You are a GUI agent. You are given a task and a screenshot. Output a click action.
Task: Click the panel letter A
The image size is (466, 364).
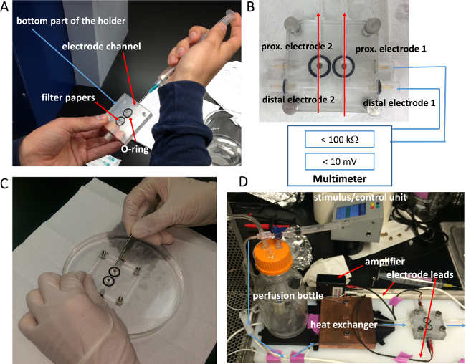pyautogui.click(x=4, y=6)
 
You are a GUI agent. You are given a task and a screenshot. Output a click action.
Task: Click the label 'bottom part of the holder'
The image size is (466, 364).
pyautogui.click(x=71, y=21)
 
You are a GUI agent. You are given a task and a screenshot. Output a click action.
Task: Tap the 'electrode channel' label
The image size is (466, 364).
pyautogui.click(x=101, y=47)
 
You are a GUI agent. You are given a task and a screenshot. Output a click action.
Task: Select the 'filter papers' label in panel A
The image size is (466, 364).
pyautogui.click(x=68, y=97)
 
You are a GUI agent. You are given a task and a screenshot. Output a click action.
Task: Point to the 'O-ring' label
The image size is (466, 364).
pyautogui.click(x=135, y=149)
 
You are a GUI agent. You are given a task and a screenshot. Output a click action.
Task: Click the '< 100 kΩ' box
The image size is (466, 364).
pyautogui.click(x=339, y=139)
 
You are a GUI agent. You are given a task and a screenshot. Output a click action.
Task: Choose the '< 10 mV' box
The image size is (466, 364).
pyautogui.click(x=339, y=162)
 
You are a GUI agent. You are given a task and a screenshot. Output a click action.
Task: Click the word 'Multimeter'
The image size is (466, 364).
pyautogui.click(x=339, y=178)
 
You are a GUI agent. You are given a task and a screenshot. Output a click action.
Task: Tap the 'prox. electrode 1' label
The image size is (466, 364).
pyautogui.click(x=391, y=49)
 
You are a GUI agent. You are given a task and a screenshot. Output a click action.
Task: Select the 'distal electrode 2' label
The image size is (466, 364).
pyautogui.click(x=298, y=100)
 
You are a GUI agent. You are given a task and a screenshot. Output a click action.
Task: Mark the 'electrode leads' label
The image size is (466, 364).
pyautogui.click(x=420, y=274)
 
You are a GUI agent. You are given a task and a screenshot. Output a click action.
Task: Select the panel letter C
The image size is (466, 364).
pyautogui.click(x=5, y=184)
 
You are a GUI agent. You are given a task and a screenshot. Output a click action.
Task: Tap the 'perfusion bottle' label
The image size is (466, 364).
pyautogui.click(x=288, y=296)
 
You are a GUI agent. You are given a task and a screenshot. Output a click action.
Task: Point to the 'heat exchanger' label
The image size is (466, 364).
pyautogui.click(x=344, y=325)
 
